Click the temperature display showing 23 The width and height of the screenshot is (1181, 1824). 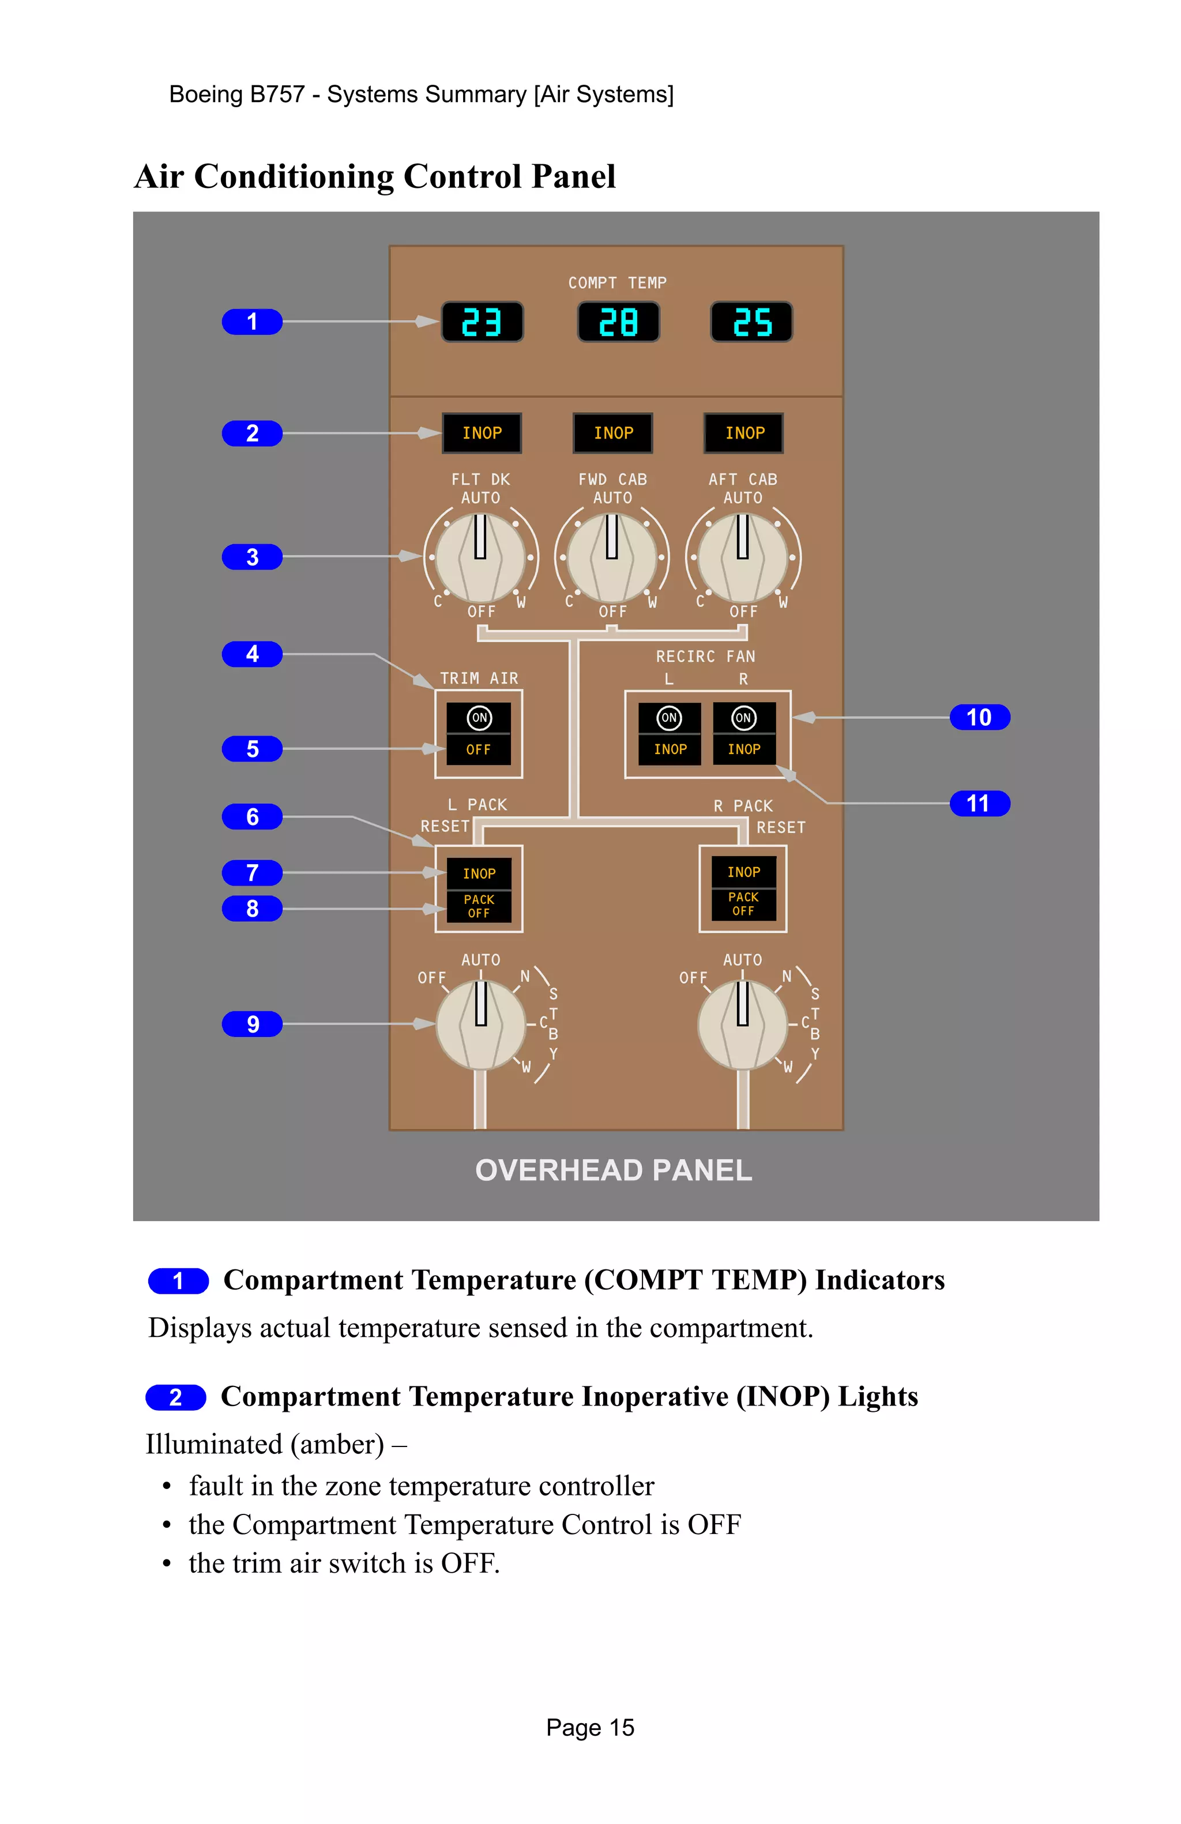click(x=482, y=322)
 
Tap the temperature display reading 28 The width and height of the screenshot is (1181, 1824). click(x=618, y=322)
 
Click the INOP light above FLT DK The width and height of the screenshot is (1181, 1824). click(x=482, y=433)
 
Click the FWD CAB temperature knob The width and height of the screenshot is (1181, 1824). click(x=612, y=557)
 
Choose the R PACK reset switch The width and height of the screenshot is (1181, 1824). click(x=743, y=888)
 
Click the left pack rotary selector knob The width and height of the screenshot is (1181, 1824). click(x=480, y=1024)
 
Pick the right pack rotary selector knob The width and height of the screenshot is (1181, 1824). click(x=742, y=1024)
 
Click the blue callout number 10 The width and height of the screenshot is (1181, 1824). click(x=979, y=717)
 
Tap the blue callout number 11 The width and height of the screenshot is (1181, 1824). click(x=979, y=803)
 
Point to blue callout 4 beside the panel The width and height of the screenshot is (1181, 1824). click(x=252, y=654)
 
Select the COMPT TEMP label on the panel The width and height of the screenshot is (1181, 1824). click(x=617, y=283)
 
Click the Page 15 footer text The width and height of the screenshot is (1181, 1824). click(x=590, y=1727)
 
